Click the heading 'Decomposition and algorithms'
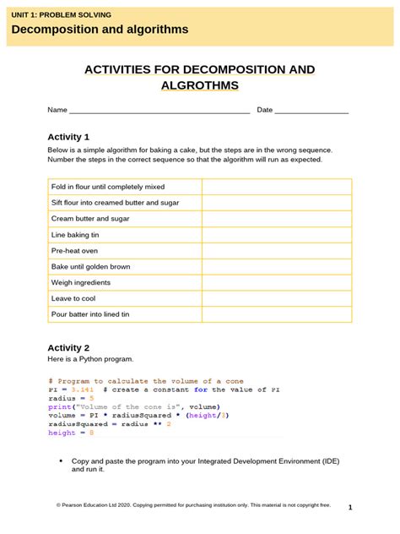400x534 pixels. click(100, 30)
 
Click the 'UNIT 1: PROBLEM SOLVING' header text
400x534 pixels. click(61, 15)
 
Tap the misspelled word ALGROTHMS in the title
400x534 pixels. click(200, 85)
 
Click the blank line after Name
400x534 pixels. click(159, 111)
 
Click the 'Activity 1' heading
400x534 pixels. click(68, 137)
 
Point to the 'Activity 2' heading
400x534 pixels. click(68, 347)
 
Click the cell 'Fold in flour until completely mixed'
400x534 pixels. click(108, 187)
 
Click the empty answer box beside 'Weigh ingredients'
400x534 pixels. click(276, 282)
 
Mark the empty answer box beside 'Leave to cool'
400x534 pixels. click(276, 298)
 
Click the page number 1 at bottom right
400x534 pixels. click(349, 508)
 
